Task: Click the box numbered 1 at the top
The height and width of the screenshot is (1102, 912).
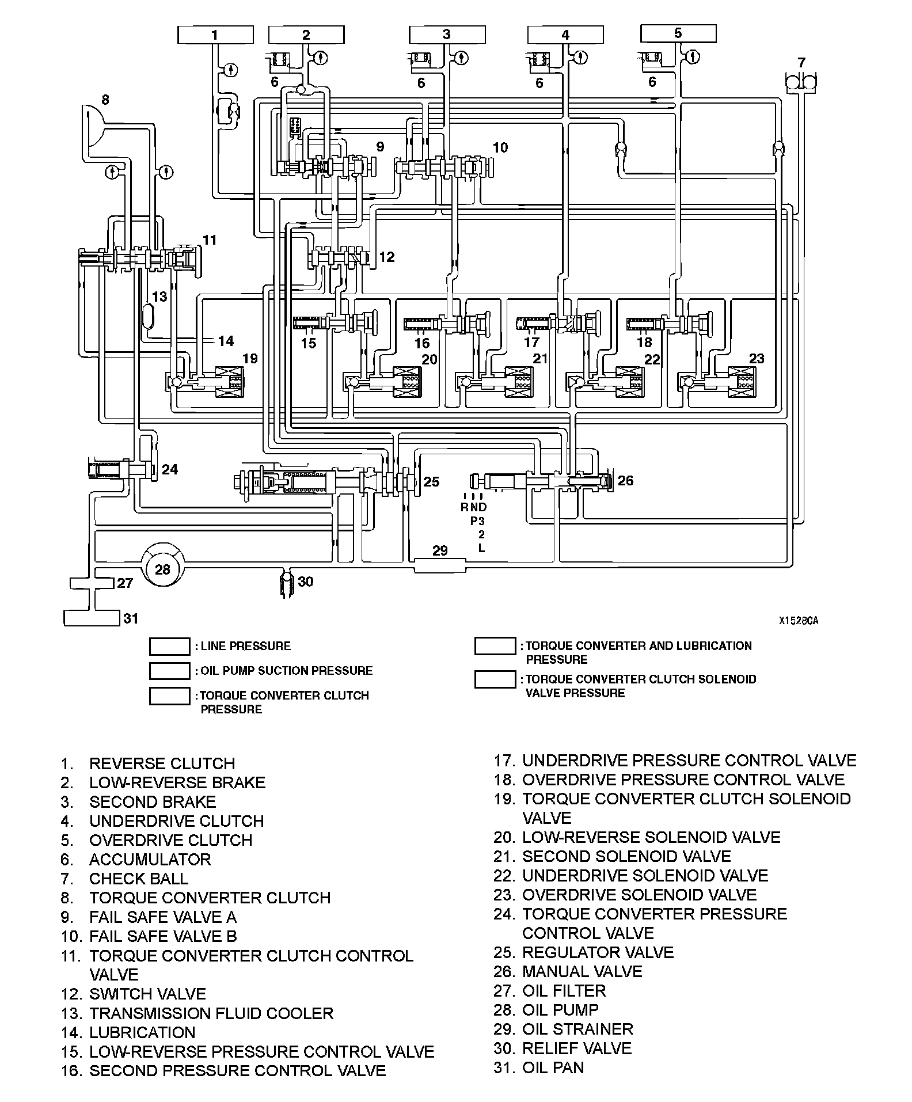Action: pos(215,35)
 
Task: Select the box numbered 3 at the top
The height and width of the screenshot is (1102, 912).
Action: pos(447,35)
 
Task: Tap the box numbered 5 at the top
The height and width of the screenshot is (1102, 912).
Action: pos(678,33)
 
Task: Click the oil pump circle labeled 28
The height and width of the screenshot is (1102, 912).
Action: pos(163,569)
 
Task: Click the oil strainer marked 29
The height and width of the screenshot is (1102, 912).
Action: pos(440,565)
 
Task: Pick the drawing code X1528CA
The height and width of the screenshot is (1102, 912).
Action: pos(799,621)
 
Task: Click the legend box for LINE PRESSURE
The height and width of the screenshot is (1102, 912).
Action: pos(169,646)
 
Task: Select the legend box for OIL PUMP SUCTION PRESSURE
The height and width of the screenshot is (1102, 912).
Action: pos(169,671)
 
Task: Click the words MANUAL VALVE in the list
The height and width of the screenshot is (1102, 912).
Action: pos(582,971)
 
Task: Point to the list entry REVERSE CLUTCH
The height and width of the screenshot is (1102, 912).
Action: pos(162,763)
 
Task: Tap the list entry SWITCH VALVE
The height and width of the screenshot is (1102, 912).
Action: pos(147,994)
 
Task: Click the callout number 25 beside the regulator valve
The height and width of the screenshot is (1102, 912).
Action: pos(431,481)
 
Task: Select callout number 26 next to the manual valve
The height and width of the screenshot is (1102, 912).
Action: pos(625,480)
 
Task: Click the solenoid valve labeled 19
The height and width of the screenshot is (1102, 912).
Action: pos(229,381)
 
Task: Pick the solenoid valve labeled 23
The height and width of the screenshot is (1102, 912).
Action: pos(742,381)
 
